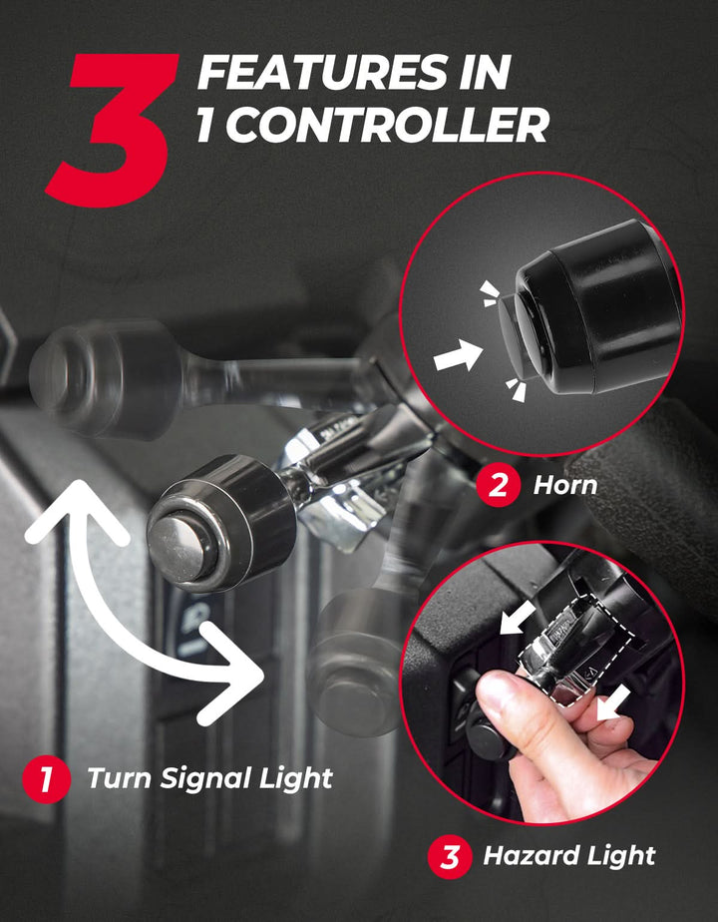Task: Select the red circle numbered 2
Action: point(498,486)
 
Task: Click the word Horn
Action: point(565,486)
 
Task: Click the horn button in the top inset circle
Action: point(518,333)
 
